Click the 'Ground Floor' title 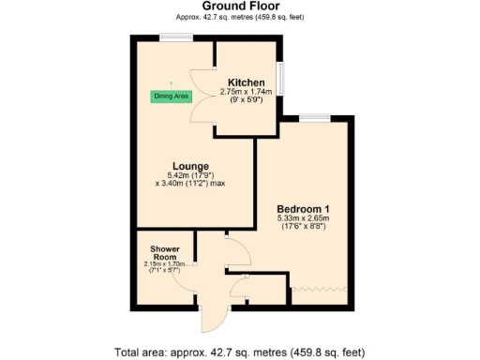(x=239, y=7)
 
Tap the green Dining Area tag (x=171, y=96)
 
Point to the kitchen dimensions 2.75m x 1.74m (x=245, y=93)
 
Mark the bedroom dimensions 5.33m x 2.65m (x=303, y=219)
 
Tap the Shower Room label (x=164, y=253)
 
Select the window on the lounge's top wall (x=175, y=37)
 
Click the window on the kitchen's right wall (x=282, y=76)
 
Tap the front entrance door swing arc (x=215, y=320)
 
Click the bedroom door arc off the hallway (x=238, y=251)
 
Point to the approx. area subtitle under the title (x=239, y=18)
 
